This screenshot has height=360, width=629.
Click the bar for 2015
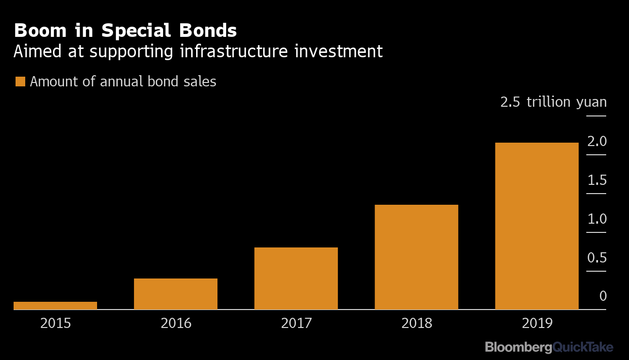coord(55,305)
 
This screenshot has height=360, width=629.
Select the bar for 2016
coord(176,294)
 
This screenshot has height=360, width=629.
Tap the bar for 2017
coord(296,278)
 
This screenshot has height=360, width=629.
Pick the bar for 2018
coord(416,257)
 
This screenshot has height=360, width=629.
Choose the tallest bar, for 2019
coord(537,226)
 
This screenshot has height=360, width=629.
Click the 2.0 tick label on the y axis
coord(597,141)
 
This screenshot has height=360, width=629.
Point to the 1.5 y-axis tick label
coord(597,180)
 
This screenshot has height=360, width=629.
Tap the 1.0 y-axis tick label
coord(597,219)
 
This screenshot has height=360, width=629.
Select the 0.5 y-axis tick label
coord(597,258)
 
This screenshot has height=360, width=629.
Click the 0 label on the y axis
coord(603,296)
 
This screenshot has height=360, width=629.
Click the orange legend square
coord(20,82)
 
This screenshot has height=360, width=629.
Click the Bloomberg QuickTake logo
coord(549,347)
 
